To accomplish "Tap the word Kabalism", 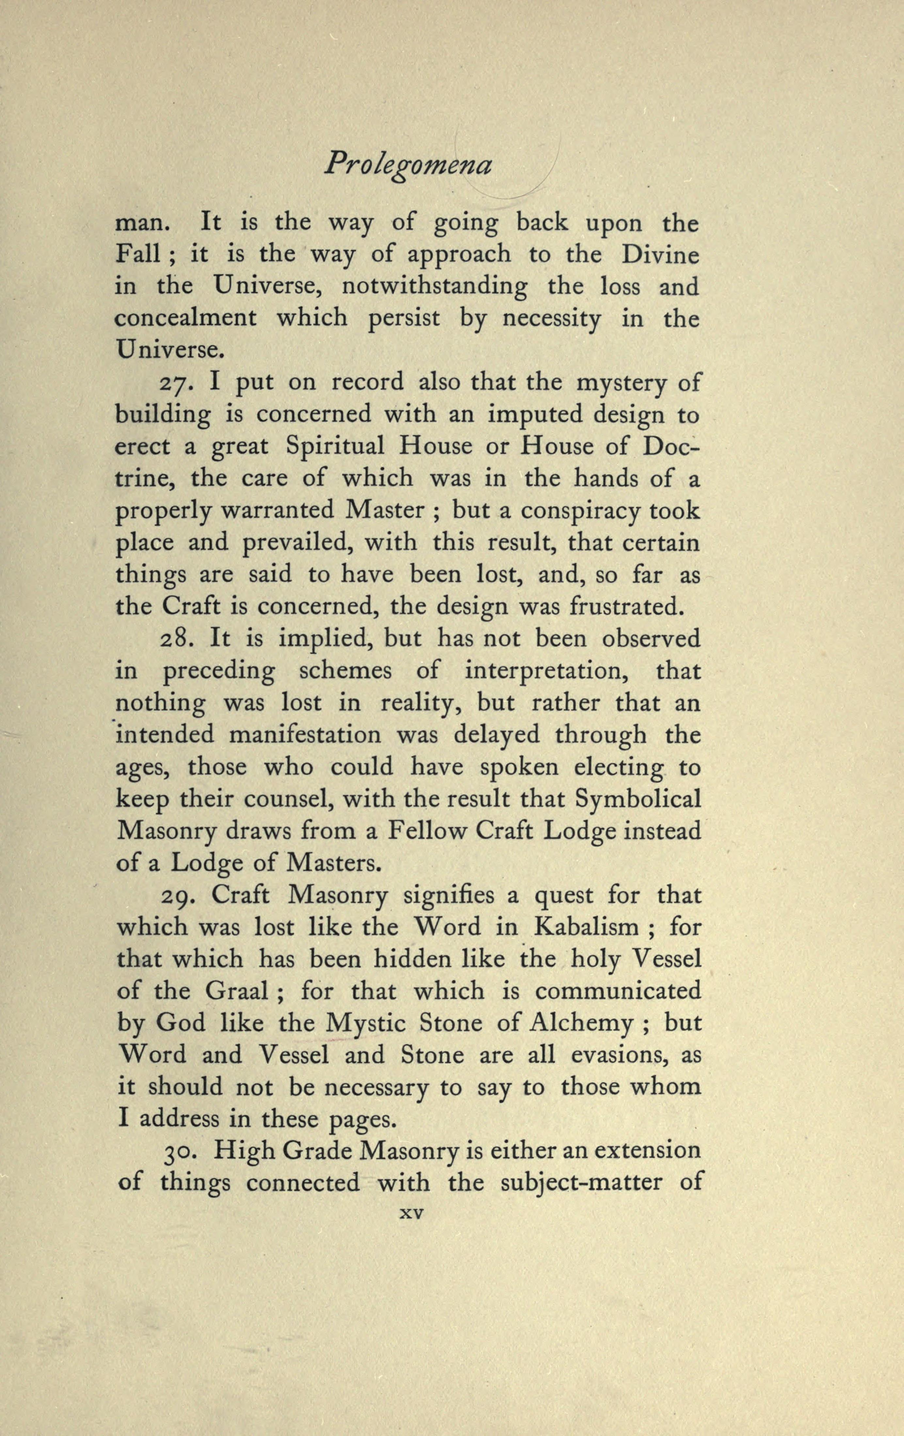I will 586,927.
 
